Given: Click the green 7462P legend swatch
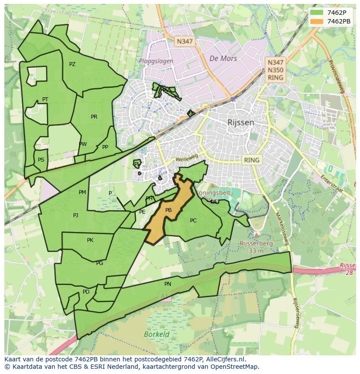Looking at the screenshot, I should coord(317,12).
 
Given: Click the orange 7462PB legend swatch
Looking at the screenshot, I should coord(317,21).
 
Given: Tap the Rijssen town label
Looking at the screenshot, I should coord(240,122).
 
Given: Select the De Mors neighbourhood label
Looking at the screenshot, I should coord(223,58).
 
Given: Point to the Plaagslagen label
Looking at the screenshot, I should coord(156,61).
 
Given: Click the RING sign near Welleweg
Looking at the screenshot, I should coord(251,160).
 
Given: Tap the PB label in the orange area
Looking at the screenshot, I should coord(169,210).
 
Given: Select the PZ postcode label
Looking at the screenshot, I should coord(72,64).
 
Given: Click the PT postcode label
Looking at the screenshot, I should coord(45,99).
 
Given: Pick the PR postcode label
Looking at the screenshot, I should coord(94,117).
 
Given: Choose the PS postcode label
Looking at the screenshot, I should coord(41,160).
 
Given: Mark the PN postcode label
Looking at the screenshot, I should coord(168,284).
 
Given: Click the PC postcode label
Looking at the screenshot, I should coord(193,221).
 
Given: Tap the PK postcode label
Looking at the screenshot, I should coord(90,240).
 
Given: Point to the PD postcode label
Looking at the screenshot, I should coord(86,292).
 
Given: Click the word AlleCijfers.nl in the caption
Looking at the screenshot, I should coord(225,360).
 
